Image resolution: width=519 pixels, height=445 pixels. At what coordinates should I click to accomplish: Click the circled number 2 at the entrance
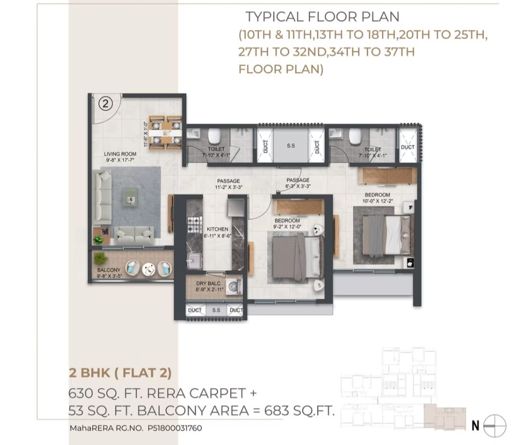click(x=106, y=103)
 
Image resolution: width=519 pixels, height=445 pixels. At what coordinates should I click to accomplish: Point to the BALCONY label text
click(x=109, y=270)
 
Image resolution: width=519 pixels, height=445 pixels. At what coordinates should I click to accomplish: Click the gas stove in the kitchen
click(x=194, y=225)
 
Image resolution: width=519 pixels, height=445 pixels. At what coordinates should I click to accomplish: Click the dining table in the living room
click(x=165, y=132)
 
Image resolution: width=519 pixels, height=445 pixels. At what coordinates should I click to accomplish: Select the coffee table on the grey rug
click(x=130, y=195)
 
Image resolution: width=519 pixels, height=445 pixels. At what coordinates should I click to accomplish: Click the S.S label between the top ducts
click(x=291, y=146)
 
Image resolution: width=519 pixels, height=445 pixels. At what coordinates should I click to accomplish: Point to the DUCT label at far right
click(x=408, y=147)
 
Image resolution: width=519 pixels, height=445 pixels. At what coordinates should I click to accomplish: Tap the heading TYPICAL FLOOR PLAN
click(x=322, y=17)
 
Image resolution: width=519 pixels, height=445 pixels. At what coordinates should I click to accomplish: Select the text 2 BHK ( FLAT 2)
click(x=119, y=372)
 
